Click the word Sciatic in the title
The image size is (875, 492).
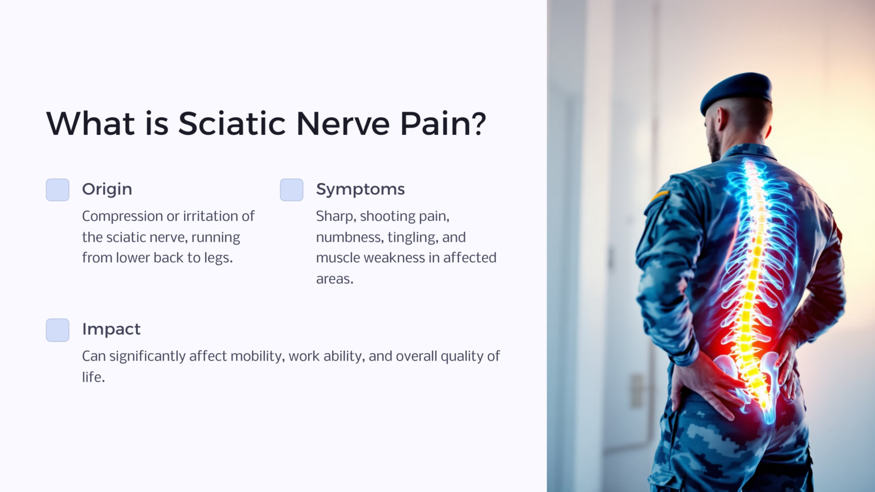232,124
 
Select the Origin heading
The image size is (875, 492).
107,189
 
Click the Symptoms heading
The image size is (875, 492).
360,189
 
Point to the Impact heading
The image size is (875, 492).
111,329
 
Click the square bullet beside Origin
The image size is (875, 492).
58,190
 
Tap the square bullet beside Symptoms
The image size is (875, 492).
292,190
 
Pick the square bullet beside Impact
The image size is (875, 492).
58,330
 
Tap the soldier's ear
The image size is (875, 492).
723,118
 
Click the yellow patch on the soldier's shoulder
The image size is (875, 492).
659,196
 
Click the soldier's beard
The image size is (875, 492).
714,145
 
